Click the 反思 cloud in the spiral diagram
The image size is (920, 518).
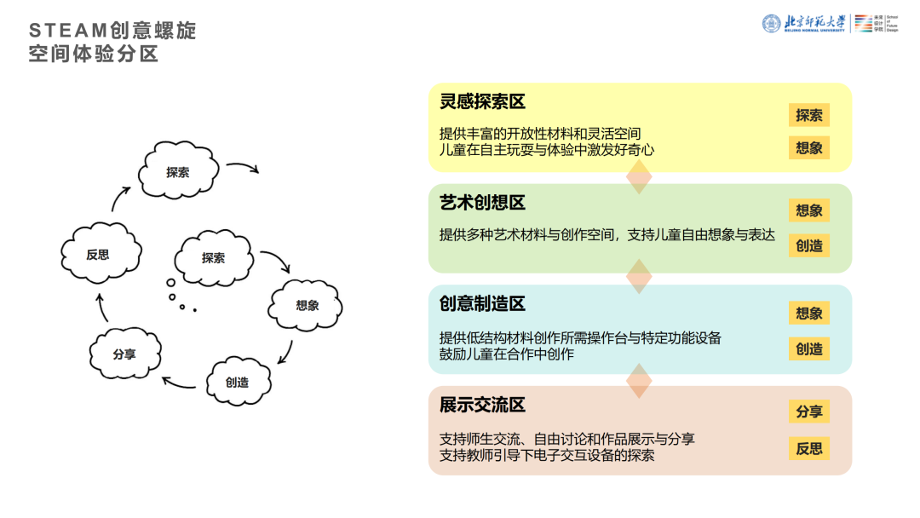pos(98,253)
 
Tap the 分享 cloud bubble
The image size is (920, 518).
pos(124,354)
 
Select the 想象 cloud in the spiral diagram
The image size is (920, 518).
pos(307,305)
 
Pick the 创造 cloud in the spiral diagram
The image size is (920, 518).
pos(238,381)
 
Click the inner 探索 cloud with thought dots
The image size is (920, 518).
pos(213,257)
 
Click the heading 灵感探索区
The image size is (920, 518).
pos(482,101)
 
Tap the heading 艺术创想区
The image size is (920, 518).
pos(482,203)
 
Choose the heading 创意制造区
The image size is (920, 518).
pos(482,303)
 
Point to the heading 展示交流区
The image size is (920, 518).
pos(482,405)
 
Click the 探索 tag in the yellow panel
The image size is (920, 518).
pos(808,115)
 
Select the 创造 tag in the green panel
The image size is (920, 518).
pos(808,245)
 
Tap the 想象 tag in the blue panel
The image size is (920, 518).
pos(808,313)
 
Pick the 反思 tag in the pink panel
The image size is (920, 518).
pos(808,448)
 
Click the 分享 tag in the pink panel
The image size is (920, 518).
pos(808,412)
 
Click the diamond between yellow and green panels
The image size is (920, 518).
pos(639,177)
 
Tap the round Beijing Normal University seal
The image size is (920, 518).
pos(771,23)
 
